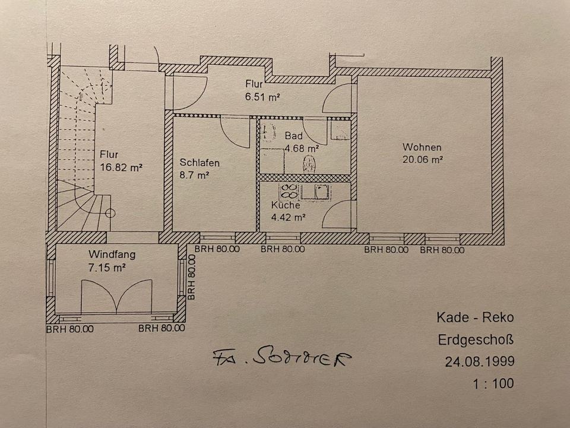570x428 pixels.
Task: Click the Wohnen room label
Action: tap(422, 147)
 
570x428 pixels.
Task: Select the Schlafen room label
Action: tap(200, 163)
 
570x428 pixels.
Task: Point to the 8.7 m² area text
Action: tap(194, 175)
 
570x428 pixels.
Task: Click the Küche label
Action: tap(286, 205)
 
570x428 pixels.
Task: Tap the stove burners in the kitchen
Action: tap(289, 191)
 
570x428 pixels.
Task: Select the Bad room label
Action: tap(293, 136)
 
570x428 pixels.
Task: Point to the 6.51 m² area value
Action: tap(263, 96)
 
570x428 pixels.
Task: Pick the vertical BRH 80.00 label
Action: tap(191, 277)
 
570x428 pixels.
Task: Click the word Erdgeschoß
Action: tap(476, 340)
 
